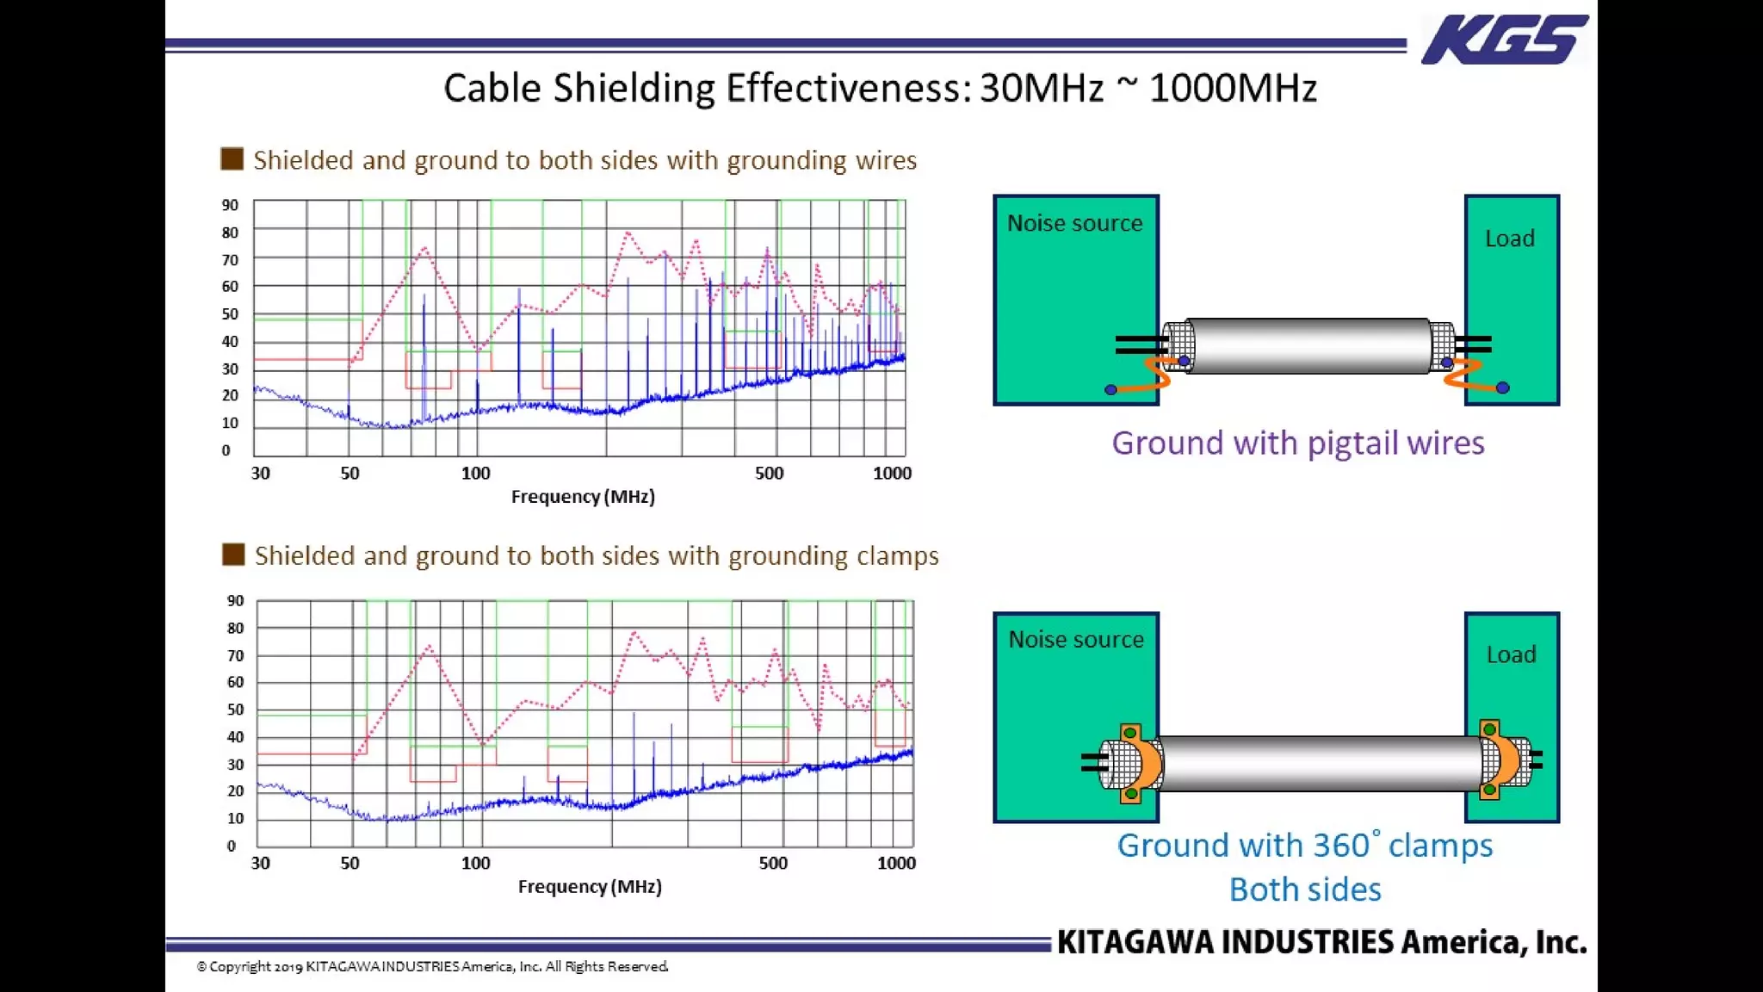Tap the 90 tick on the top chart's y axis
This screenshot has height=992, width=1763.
point(230,206)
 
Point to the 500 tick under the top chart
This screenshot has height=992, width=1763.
point(769,474)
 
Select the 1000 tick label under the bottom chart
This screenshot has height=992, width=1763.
point(895,864)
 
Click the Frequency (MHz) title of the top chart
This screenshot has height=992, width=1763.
point(583,497)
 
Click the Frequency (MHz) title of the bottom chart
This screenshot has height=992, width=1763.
point(590,887)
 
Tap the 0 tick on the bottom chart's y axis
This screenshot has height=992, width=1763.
point(231,846)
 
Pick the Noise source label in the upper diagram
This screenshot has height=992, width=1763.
point(1074,224)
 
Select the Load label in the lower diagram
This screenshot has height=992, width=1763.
point(1511,655)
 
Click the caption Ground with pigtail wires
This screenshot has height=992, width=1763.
point(1297,443)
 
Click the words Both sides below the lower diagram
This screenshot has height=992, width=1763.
point(1305,890)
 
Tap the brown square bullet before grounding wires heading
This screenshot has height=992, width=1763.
point(232,159)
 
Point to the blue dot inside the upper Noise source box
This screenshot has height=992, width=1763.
point(1110,390)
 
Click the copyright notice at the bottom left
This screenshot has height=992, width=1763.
point(432,967)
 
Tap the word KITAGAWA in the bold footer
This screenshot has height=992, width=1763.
point(1135,943)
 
